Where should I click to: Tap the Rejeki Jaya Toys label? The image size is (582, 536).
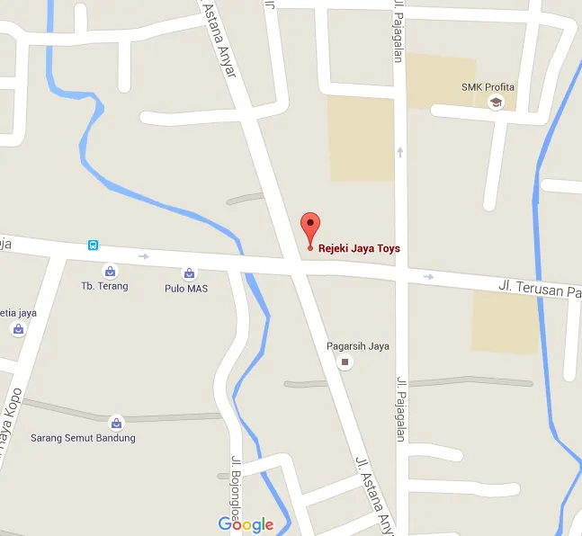360,248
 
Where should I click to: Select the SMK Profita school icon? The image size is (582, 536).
495,103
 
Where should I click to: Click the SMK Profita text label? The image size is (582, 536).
488,87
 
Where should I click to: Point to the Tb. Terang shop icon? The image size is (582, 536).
110,271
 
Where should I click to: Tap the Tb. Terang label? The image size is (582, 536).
104,286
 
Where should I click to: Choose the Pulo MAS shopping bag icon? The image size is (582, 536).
189,272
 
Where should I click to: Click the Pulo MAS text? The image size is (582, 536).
186,288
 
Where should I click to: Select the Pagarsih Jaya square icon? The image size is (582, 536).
345,362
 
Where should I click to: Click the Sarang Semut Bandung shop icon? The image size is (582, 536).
115,423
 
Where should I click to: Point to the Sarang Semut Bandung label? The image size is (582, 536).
83,438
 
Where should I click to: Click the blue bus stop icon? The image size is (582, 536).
93,245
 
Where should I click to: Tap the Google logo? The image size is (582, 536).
246,524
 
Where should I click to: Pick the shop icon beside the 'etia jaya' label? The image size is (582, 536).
18,329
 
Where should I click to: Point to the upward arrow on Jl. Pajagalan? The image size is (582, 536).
400,152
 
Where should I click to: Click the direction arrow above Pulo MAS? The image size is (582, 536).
143,256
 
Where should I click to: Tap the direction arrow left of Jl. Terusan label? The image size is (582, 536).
429,276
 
